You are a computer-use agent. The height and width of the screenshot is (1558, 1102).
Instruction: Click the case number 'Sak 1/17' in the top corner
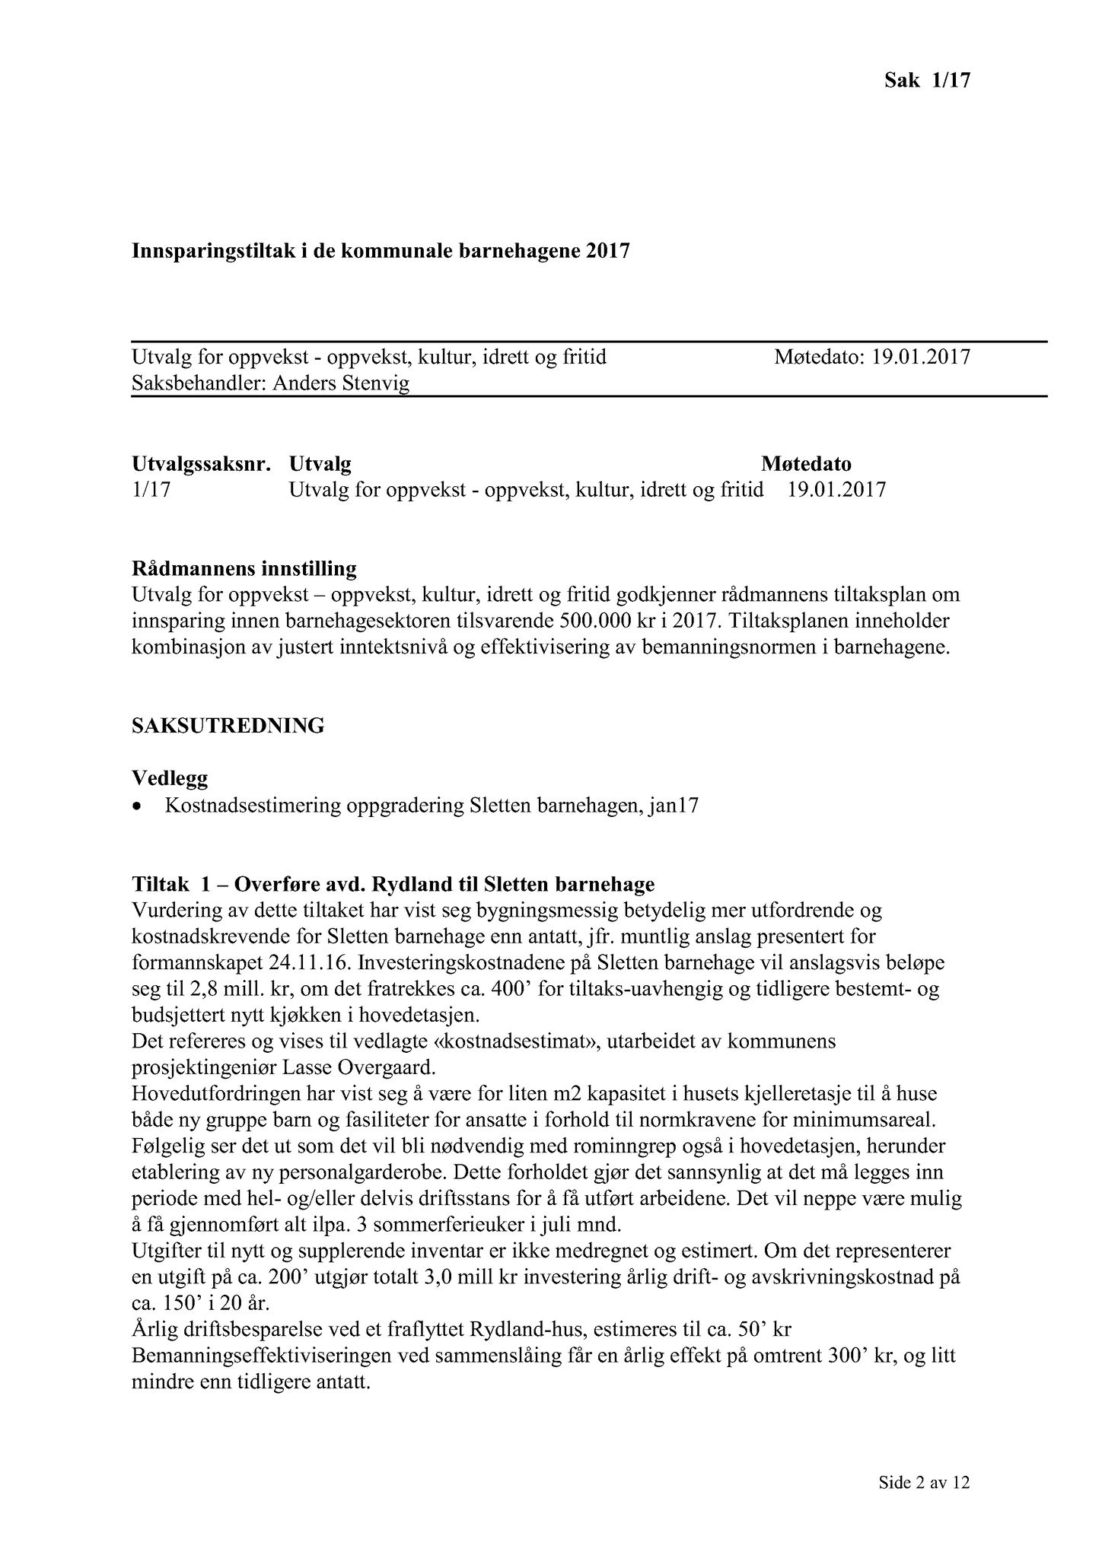click(927, 80)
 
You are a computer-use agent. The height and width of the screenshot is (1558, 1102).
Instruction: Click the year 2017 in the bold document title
click(608, 250)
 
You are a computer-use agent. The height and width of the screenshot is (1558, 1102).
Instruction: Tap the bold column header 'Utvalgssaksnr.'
click(202, 463)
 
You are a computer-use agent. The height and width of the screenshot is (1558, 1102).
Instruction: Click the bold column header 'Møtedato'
click(806, 463)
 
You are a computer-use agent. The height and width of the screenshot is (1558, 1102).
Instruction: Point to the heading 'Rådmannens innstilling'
click(244, 568)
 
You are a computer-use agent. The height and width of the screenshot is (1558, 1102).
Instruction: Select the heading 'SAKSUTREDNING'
click(228, 726)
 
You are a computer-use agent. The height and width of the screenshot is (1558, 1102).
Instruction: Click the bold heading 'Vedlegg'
click(170, 778)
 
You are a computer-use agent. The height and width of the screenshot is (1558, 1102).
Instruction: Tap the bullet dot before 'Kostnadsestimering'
click(137, 807)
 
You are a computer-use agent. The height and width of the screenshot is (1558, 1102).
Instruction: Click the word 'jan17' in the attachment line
click(673, 806)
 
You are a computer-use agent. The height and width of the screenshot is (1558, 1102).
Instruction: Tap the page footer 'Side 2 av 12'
click(924, 1482)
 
